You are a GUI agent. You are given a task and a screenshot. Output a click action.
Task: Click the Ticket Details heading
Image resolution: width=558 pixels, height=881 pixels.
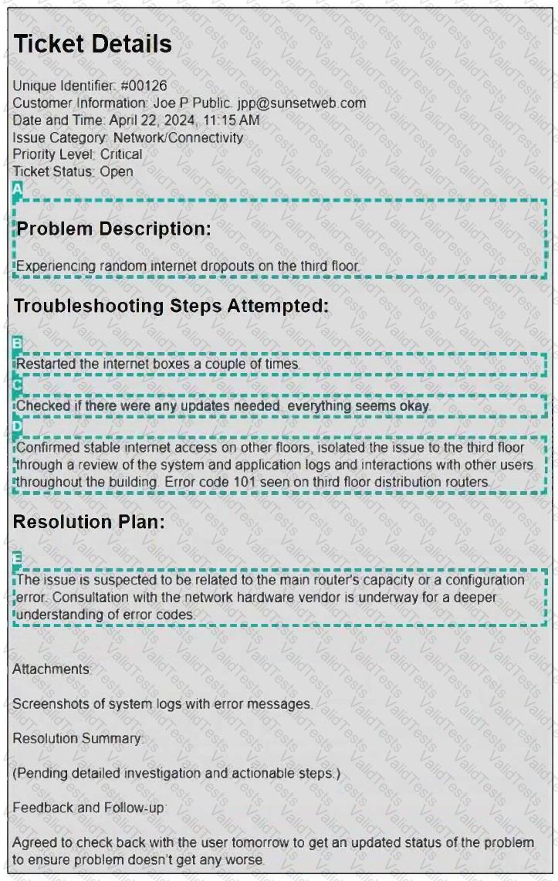(x=93, y=44)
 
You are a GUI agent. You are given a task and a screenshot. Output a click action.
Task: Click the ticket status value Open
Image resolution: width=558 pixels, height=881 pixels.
(x=117, y=171)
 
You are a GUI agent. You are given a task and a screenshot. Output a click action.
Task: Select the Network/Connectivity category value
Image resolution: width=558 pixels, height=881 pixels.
(x=178, y=137)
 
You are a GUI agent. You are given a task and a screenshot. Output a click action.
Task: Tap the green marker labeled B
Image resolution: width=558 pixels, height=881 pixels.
(x=18, y=344)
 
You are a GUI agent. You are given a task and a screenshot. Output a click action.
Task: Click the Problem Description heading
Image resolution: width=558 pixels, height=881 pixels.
(x=113, y=229)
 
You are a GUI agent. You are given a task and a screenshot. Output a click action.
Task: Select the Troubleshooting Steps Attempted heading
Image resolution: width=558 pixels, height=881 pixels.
(x=171, y=306)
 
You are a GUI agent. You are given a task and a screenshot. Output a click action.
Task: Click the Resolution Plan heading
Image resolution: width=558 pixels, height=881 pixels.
(x=89, y=522)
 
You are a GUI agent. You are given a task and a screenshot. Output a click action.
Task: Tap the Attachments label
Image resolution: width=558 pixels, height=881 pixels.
(x=51, y=669)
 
